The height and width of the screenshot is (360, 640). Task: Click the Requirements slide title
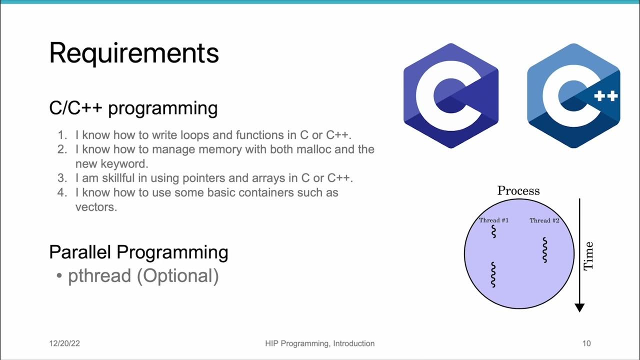[134, 53]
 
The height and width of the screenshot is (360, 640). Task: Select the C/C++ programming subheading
[133, 108]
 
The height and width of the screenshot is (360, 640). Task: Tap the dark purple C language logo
[451, 95]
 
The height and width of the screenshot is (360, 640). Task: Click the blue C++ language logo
[573, 95]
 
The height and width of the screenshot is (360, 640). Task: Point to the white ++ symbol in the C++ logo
[606, 96]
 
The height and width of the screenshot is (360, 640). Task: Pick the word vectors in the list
[96, 206]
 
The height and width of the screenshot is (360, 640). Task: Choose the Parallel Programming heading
[138, 252]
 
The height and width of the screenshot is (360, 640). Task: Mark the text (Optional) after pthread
[178, 276]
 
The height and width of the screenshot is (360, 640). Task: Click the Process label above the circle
[518, 190]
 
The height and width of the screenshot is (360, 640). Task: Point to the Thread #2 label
[544, 220]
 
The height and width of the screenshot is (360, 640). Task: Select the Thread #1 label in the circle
[493, 220]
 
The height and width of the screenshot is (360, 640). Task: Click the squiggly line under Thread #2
[544, 249]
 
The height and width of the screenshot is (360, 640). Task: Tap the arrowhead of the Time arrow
[579, 307]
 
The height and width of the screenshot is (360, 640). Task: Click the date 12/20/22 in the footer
[64, 343]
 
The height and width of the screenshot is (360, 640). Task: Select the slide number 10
[586, 343]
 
